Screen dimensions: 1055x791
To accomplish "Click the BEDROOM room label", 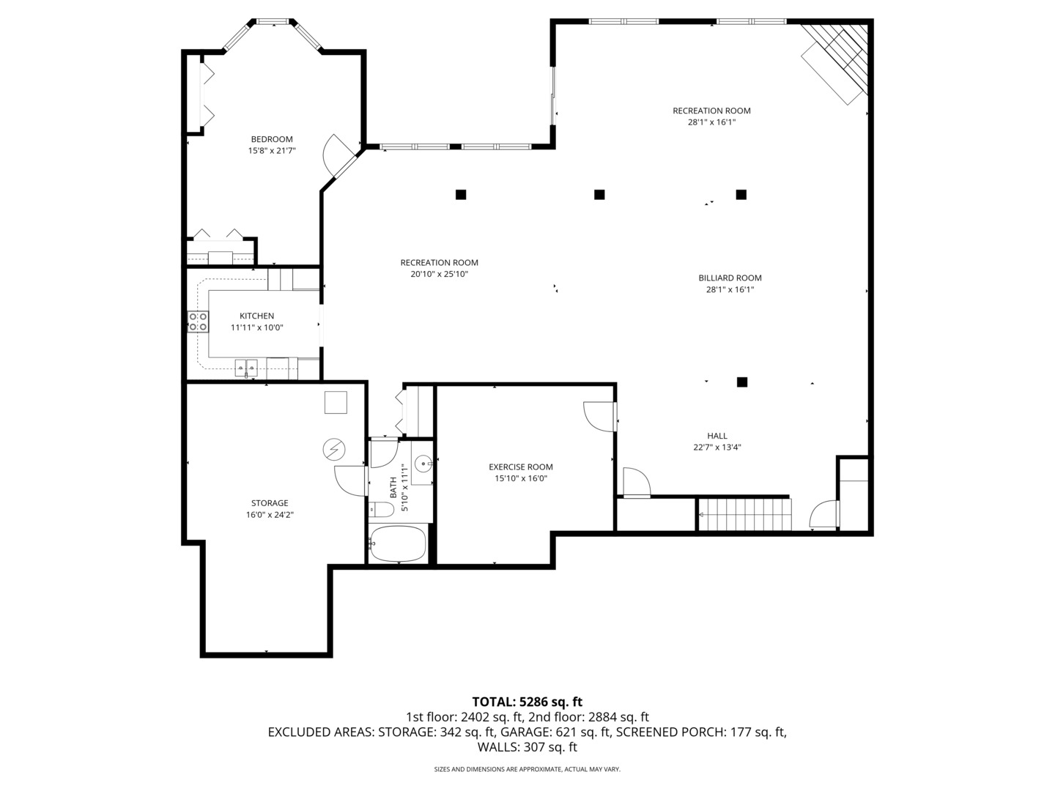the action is (x=272, y=139).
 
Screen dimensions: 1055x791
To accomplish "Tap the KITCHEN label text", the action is (x=256, y=316).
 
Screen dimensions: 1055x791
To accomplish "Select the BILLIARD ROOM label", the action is (x=730, y=278).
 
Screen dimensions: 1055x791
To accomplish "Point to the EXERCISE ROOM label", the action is (x=520, y=467).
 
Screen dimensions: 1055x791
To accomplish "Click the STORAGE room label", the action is (x=270, y=503).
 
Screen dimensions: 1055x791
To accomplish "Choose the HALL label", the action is (x=717, y=436).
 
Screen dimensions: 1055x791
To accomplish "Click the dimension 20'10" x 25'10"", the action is (x=439, y=274).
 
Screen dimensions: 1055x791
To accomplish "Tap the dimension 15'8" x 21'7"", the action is (x=272, y=151).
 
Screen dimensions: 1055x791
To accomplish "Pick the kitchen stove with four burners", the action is (x=198, y=322).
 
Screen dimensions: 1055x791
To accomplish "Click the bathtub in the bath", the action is (x=399, y=543).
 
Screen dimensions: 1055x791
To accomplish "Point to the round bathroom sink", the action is (x=423, y=464).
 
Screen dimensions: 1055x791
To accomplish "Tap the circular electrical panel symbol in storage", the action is (x=334, y=450).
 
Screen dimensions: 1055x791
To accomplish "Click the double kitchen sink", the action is (x=246, y=368).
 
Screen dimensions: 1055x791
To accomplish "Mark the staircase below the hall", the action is (x=744, y=514).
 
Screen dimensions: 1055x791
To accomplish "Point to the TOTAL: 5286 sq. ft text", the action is (x=527, y=702).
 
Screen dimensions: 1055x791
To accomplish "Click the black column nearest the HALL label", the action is (x=742, y=382).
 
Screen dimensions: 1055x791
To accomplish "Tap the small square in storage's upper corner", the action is (x=336, y=403).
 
